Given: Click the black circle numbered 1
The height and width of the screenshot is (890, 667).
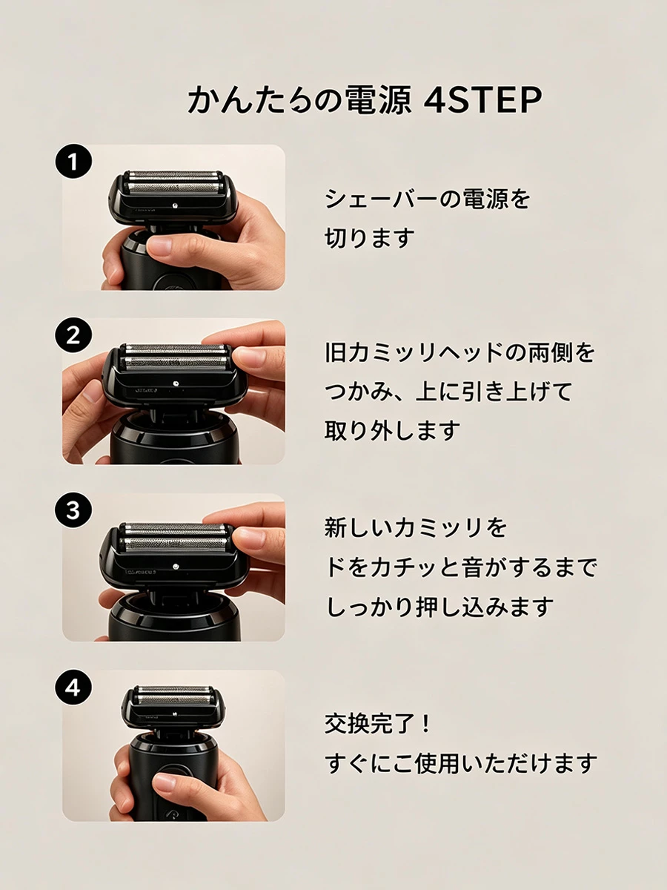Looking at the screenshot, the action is click(73, 162).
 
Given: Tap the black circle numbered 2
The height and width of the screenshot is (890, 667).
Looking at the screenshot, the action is click(73, 336).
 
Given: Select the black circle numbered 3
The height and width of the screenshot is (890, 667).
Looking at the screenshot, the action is click(73, 510).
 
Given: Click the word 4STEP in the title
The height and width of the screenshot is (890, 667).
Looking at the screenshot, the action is click(482, 99).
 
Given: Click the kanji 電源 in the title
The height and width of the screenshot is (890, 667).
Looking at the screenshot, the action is click(378, 99).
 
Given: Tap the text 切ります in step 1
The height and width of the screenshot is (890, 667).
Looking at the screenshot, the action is click(370, 237).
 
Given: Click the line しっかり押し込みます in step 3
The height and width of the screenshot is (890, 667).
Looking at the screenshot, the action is click(439, 607).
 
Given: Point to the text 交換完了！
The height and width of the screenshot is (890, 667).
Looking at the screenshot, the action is click(378, 724).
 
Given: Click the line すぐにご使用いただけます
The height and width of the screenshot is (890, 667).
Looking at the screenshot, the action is click(461, 763).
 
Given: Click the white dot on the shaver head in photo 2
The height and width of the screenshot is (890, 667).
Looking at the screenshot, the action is click(176, 383).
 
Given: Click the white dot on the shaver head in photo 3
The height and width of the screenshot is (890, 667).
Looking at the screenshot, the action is click(176, 565).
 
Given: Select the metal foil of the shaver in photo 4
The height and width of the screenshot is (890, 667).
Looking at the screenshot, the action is click(174, 696).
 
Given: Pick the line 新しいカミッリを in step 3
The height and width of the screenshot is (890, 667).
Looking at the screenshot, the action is click(416, 527).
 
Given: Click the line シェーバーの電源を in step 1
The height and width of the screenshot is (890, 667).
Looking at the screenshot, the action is click(428, 199).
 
